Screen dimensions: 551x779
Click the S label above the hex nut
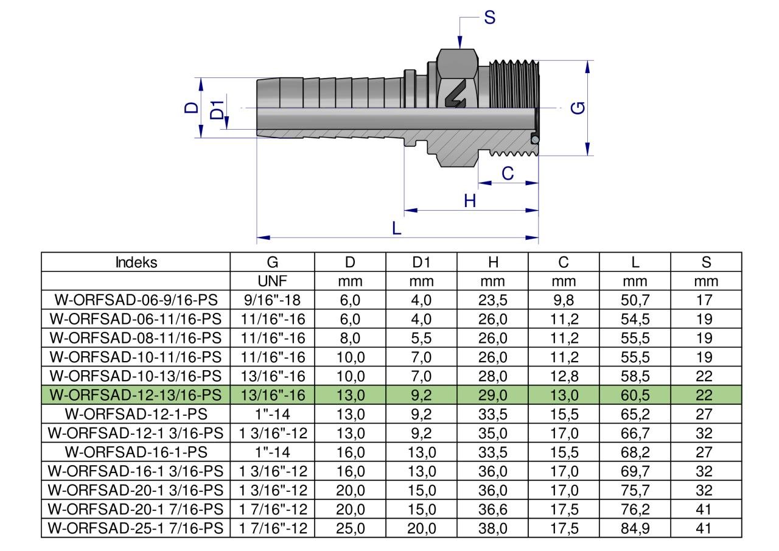click(x=489, y=18)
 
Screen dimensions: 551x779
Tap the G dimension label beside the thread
click(x=580, y=108)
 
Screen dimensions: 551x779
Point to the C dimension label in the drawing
click(x=508, y=174)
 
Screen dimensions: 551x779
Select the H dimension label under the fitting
click(x=470, y=201)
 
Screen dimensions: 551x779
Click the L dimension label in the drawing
click(x=397, y=228)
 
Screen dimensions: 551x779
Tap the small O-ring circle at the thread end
click(x=534, y=139)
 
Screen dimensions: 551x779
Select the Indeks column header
click(x=136, y=262)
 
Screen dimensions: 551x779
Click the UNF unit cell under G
click(x=273, y=281)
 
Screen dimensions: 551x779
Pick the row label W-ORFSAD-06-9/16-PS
click(x=136, y=300)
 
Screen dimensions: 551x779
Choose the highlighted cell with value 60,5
click(x=635, y=395)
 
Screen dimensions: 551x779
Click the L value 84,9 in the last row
click(x=635, y=528)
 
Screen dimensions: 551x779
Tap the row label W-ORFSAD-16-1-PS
click(x=136, y=452)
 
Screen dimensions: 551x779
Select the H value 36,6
click(x=494, y=510)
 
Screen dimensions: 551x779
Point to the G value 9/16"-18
click(x=273, y=300)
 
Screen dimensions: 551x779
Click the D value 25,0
click(x=350, y=528)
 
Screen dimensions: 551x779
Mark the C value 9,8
click(x=564, y=300)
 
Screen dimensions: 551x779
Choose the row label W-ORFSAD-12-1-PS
click(x=136, y=415)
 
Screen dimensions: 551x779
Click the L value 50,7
click(x=635, y=300)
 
